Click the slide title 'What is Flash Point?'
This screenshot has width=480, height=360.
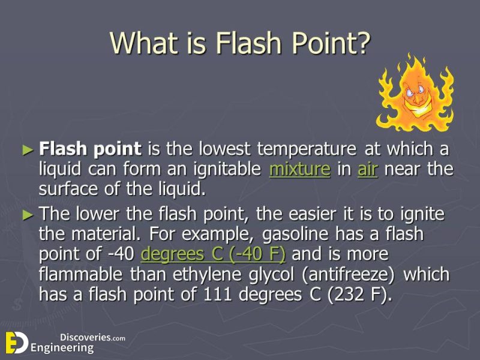(240, 43)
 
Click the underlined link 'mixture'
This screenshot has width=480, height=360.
(299, 169)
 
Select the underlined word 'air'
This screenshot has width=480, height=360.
(367, 169)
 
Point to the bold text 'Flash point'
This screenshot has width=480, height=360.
(90, 148)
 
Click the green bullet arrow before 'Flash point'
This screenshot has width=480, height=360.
(28, 149)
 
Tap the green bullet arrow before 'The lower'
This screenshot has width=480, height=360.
(28, 214)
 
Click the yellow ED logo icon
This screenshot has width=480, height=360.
(16, 342)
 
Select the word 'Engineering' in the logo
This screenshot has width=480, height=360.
(62, 347)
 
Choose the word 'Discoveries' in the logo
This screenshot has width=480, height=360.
(85, 337)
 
